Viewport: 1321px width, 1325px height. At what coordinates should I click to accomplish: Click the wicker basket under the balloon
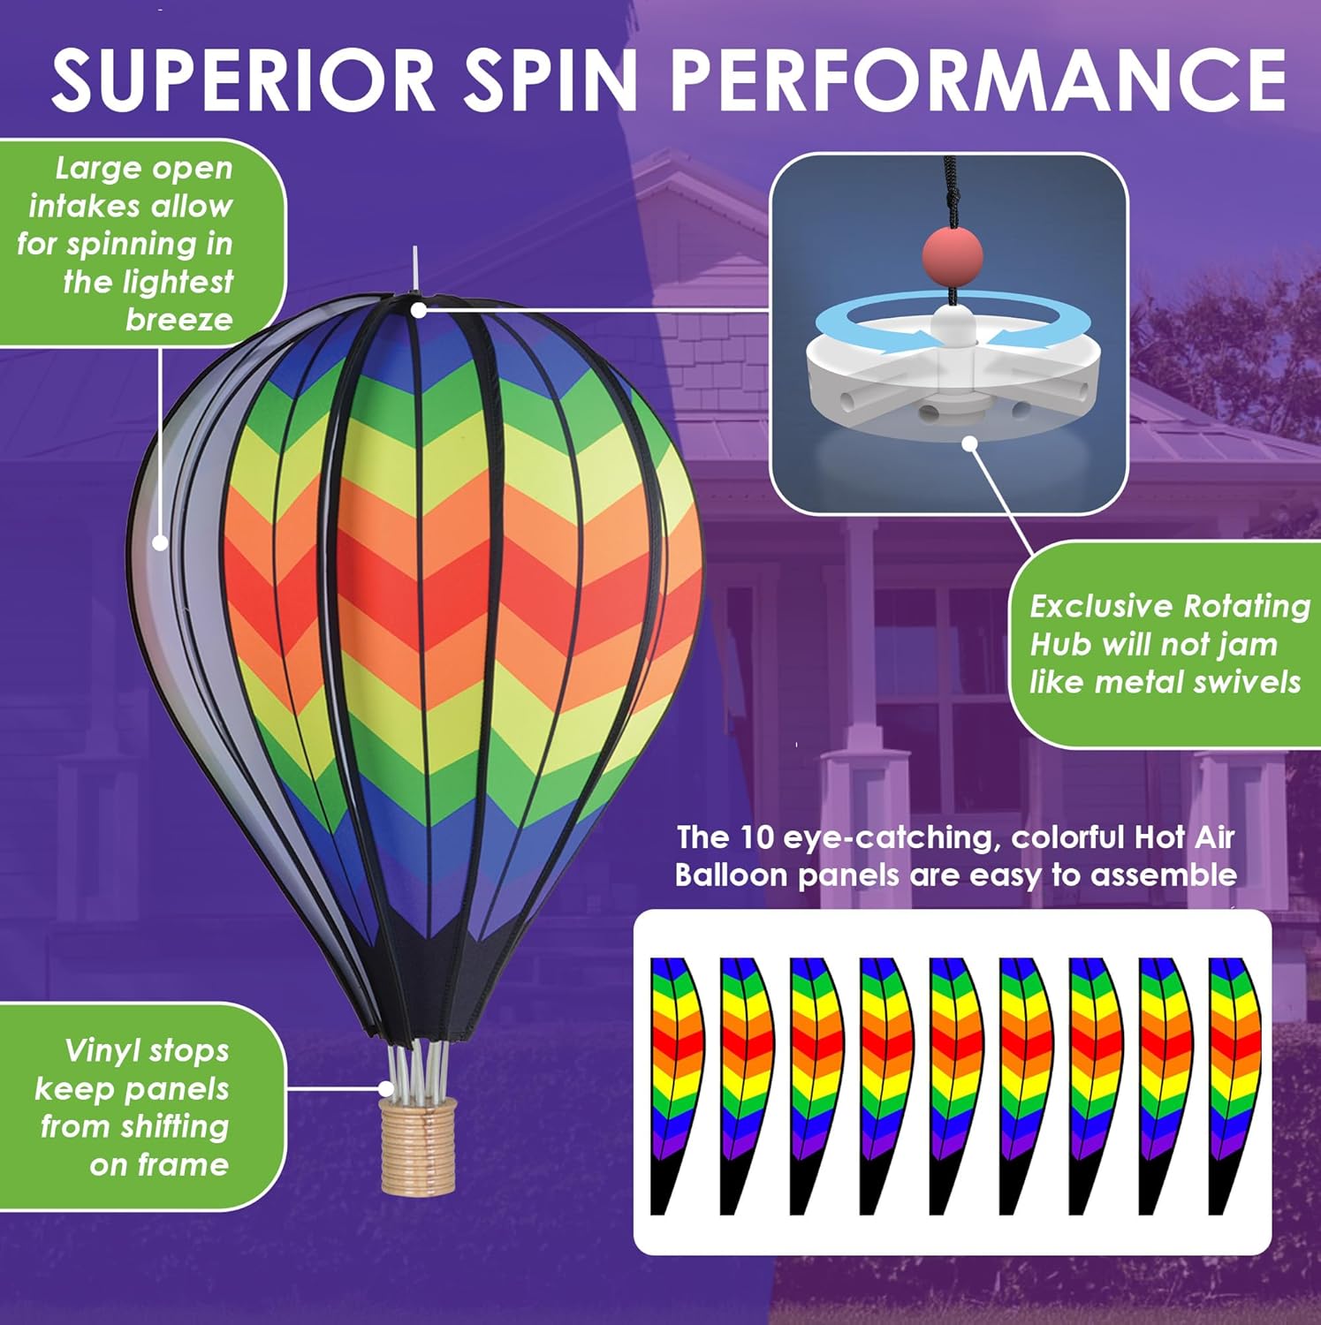tap(417, 1146)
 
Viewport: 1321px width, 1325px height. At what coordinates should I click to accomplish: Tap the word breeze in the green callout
tap(178, 319)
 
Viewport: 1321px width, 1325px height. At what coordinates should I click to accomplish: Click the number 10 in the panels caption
tap(756, 837)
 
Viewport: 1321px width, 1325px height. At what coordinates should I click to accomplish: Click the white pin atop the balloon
tap(414, 270)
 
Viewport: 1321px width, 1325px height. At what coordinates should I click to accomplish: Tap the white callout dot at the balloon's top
tap(419, 310)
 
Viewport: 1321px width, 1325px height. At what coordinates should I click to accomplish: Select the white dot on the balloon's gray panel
tap(160, 542)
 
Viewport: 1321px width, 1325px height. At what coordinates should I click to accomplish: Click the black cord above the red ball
tap(951, 190)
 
